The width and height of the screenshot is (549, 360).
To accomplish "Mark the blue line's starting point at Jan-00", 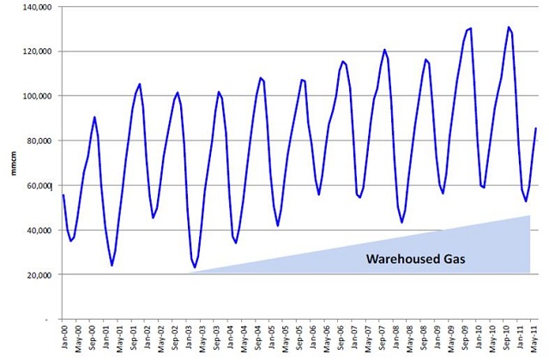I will click(63, 195).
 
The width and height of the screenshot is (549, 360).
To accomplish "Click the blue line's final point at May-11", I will click(536, 129).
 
